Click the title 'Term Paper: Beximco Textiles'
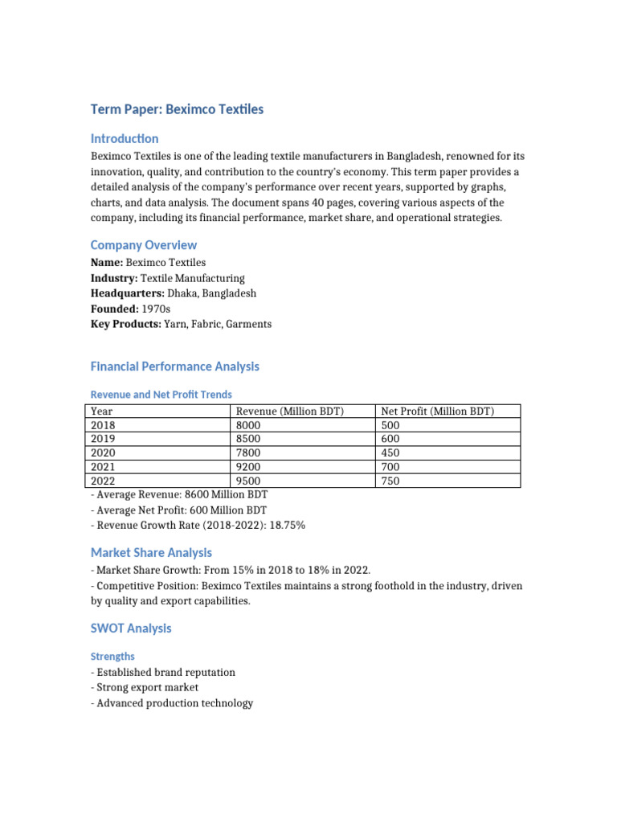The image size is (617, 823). [x=177, y=109]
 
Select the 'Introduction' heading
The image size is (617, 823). [x=125, y=138]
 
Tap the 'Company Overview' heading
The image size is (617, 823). [x=143, y=245]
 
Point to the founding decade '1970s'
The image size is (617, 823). [x=156, y=309]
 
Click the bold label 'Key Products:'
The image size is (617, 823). [x=126, y=324]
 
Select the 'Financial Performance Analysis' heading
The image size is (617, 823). [x=175, y=366]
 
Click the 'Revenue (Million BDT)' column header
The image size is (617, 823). [x=290, y=411]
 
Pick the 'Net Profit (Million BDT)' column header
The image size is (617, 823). [x=438, y=411]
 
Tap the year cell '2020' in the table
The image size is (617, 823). [x=104, y=452]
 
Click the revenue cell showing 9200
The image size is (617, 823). [x=249, y=467]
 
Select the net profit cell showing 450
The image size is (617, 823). [x=390, y=452]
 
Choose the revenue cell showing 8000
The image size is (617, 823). [x=249, y=425]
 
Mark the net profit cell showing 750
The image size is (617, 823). [x=390, y=481]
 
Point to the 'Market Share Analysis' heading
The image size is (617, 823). [x=151, y=553]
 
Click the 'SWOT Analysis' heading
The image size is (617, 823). [x=131, y=628]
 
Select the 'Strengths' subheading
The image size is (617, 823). [x=112, y=657]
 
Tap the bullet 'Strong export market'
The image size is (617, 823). [x=147, y=687]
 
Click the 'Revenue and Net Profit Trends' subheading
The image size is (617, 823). [x=161, y=395]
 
